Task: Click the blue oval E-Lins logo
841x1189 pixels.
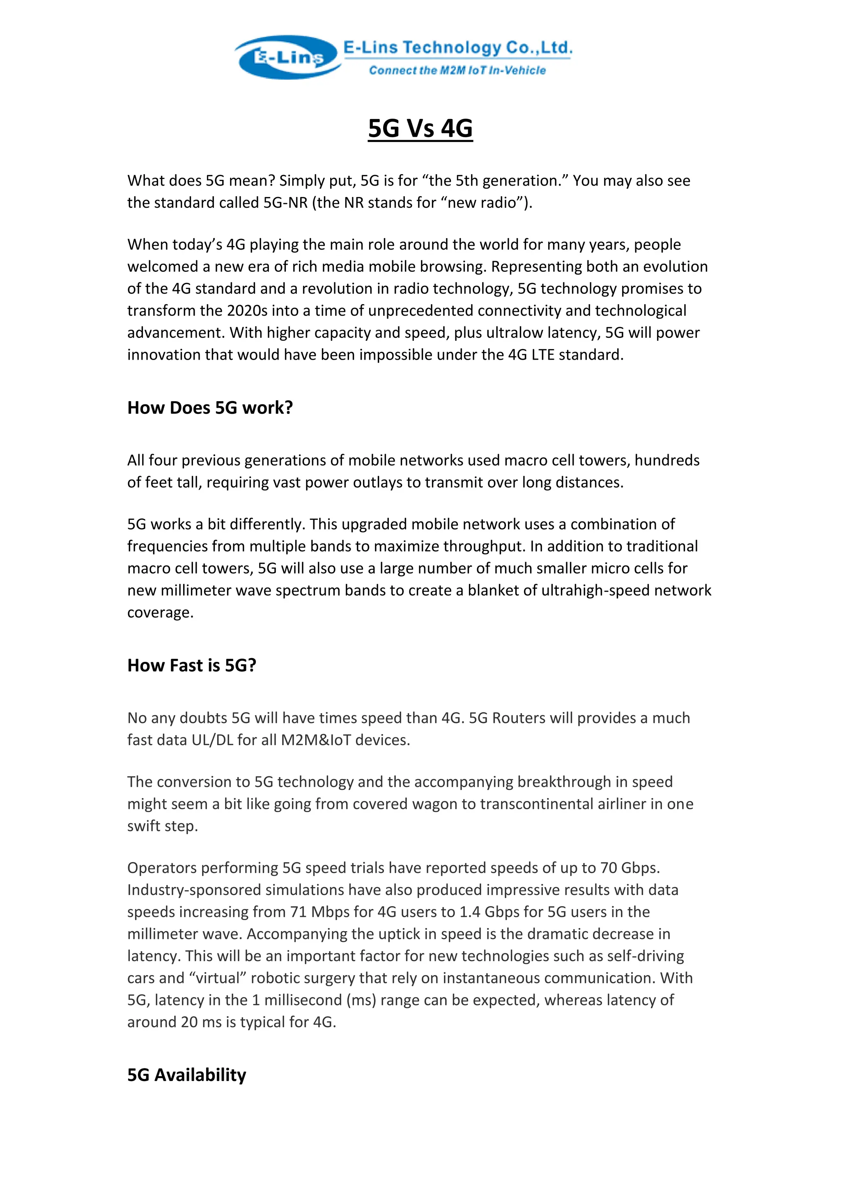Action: point(287,57)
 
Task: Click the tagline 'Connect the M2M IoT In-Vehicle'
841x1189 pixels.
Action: point(457,71)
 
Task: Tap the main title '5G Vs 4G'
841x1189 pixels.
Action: point(420,128)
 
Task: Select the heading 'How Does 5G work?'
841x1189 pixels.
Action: point(210,408)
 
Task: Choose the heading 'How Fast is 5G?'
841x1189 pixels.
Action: point(192,665)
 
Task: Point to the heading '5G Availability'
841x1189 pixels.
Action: point(186,1074)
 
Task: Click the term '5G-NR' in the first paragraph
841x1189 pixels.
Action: point(285,202)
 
